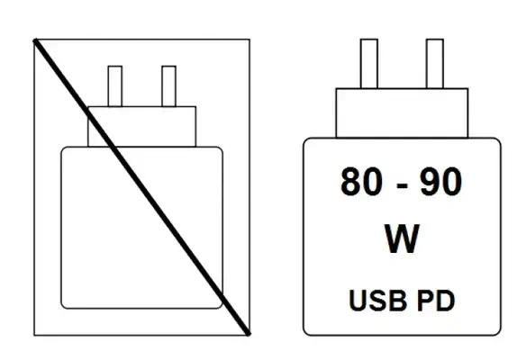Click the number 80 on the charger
[x=361, y=181]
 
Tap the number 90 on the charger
[x=440, y=181]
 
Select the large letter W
[x=402, y=238]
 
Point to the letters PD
[x=436, y=301]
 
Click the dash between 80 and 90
[x=402, y=185]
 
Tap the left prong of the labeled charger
[x=369, y=64]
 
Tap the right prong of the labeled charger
[x=435, y=64]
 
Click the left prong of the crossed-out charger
[x=115, y=86]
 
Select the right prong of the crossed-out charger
[x=168, y=86]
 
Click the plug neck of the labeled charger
[x=402, y=113]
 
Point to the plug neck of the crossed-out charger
[x=142, y=127]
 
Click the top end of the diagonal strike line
[x=35, y=40]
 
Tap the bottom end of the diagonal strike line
[x=249, y=334]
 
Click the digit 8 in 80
[x=350, y=181]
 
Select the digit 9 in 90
[x=431, y=181]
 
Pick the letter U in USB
[x=358, y=301]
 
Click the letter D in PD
[x=446, y=301]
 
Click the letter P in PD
[x=425, y=301]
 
